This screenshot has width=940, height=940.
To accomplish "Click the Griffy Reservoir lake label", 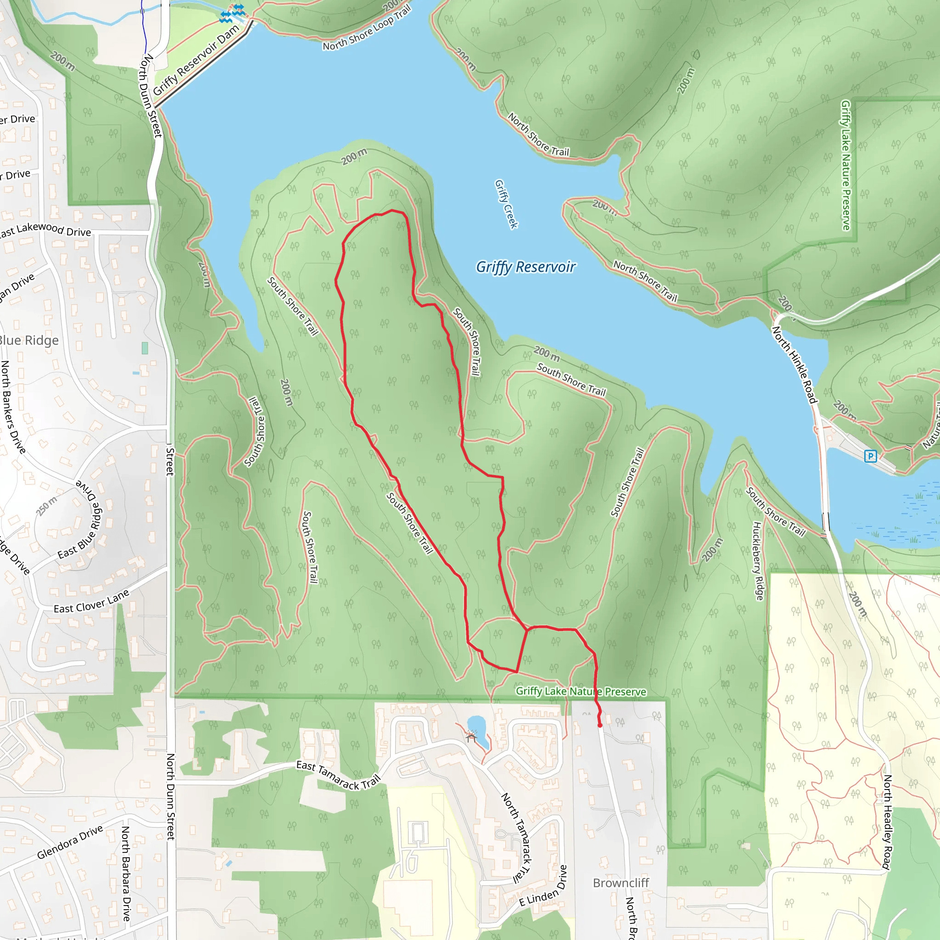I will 526,267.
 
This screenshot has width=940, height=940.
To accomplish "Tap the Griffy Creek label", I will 506,204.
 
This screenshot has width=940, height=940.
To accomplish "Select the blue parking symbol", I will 870,456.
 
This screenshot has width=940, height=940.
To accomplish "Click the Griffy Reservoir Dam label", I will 196,60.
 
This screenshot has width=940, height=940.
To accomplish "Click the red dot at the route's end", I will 600,725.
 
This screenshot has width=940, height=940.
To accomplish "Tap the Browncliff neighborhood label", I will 621,883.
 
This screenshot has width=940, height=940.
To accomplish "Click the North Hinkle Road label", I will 794,365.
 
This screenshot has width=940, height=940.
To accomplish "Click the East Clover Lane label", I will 91,601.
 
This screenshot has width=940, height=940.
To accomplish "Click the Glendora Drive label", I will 70,842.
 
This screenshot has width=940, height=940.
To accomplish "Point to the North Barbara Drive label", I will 126,874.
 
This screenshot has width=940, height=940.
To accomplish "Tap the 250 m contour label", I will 47,506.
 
